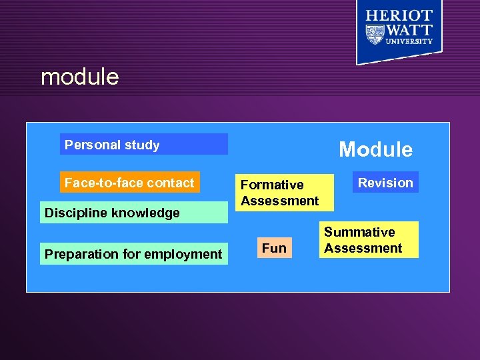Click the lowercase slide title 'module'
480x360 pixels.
tap(79, 77)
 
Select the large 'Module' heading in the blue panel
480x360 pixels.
tap(375, 149)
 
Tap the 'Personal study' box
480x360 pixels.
tap(143, 145)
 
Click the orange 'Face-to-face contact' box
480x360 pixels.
tap(129, 183)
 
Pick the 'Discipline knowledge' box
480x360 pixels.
tap(133, 213)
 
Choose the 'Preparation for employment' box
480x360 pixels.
tap(133, 254)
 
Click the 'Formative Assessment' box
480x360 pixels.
tap(285, 193)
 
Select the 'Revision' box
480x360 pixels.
tap(385, 183)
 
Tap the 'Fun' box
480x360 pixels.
tap(274, 249)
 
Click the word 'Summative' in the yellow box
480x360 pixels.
tap(359, 232)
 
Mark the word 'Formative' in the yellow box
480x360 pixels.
tap(272, 185)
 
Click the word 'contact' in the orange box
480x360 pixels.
tap(172, 183)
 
